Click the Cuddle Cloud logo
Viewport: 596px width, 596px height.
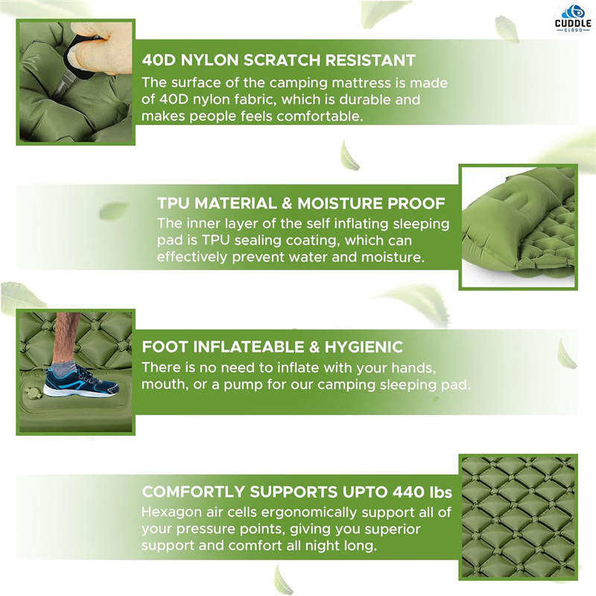573,18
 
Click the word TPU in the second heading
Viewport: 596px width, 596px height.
173,203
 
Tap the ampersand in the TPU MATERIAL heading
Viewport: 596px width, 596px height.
287,203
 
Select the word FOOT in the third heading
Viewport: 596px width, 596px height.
165,346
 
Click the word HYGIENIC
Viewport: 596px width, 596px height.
364,346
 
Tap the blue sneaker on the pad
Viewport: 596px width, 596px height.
81,381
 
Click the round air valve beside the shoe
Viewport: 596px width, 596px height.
33,393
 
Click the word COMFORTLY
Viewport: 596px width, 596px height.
193,492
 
